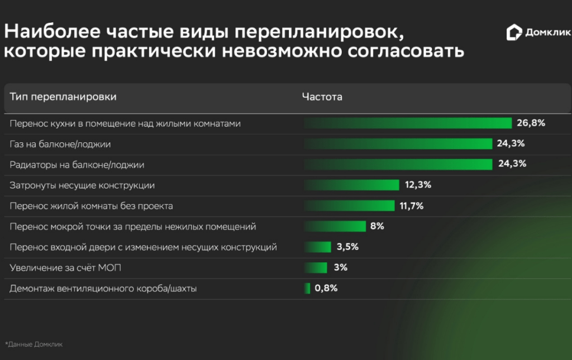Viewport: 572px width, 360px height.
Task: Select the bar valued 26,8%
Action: pyautogui.click(x=408, y=123)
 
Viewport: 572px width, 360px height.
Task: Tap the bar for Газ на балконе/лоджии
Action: pyautogui.click(x=398, y=144)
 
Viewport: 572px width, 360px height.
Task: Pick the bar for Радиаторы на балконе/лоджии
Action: pyautogui.click(x=398, y=164)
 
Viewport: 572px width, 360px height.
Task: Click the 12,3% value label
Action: pyautogui.click(x=418, y=185)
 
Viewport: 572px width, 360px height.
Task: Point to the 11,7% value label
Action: pyautogui.click(x=412, y=206)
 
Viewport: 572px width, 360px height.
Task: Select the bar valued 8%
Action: pyautogui.click(x=335, y=227)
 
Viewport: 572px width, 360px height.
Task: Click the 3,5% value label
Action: pyautogui.click(x=347, y=247)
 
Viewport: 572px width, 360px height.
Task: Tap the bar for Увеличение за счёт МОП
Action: pyautogui.click(x=316, y=267)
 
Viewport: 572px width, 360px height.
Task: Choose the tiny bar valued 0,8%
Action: pyautogui.click(x=307, y=288)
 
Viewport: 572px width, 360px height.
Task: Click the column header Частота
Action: pyautogui.click(x=322, y=97)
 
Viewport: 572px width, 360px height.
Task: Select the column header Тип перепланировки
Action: pyautogui.click(x=63, y=97)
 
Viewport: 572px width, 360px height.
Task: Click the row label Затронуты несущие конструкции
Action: pyautogui.click(x=82, y=185)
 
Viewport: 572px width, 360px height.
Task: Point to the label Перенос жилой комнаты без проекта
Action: pyautogui.click(x=91, y=206)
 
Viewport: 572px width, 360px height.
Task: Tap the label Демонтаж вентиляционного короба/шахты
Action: pyautogui.click(x=103, y=289)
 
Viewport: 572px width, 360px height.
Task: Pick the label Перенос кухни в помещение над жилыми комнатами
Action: pyautogui.click(x=125, y=123)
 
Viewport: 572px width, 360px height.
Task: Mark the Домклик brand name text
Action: pyautogui.click(x=547, y=33)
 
